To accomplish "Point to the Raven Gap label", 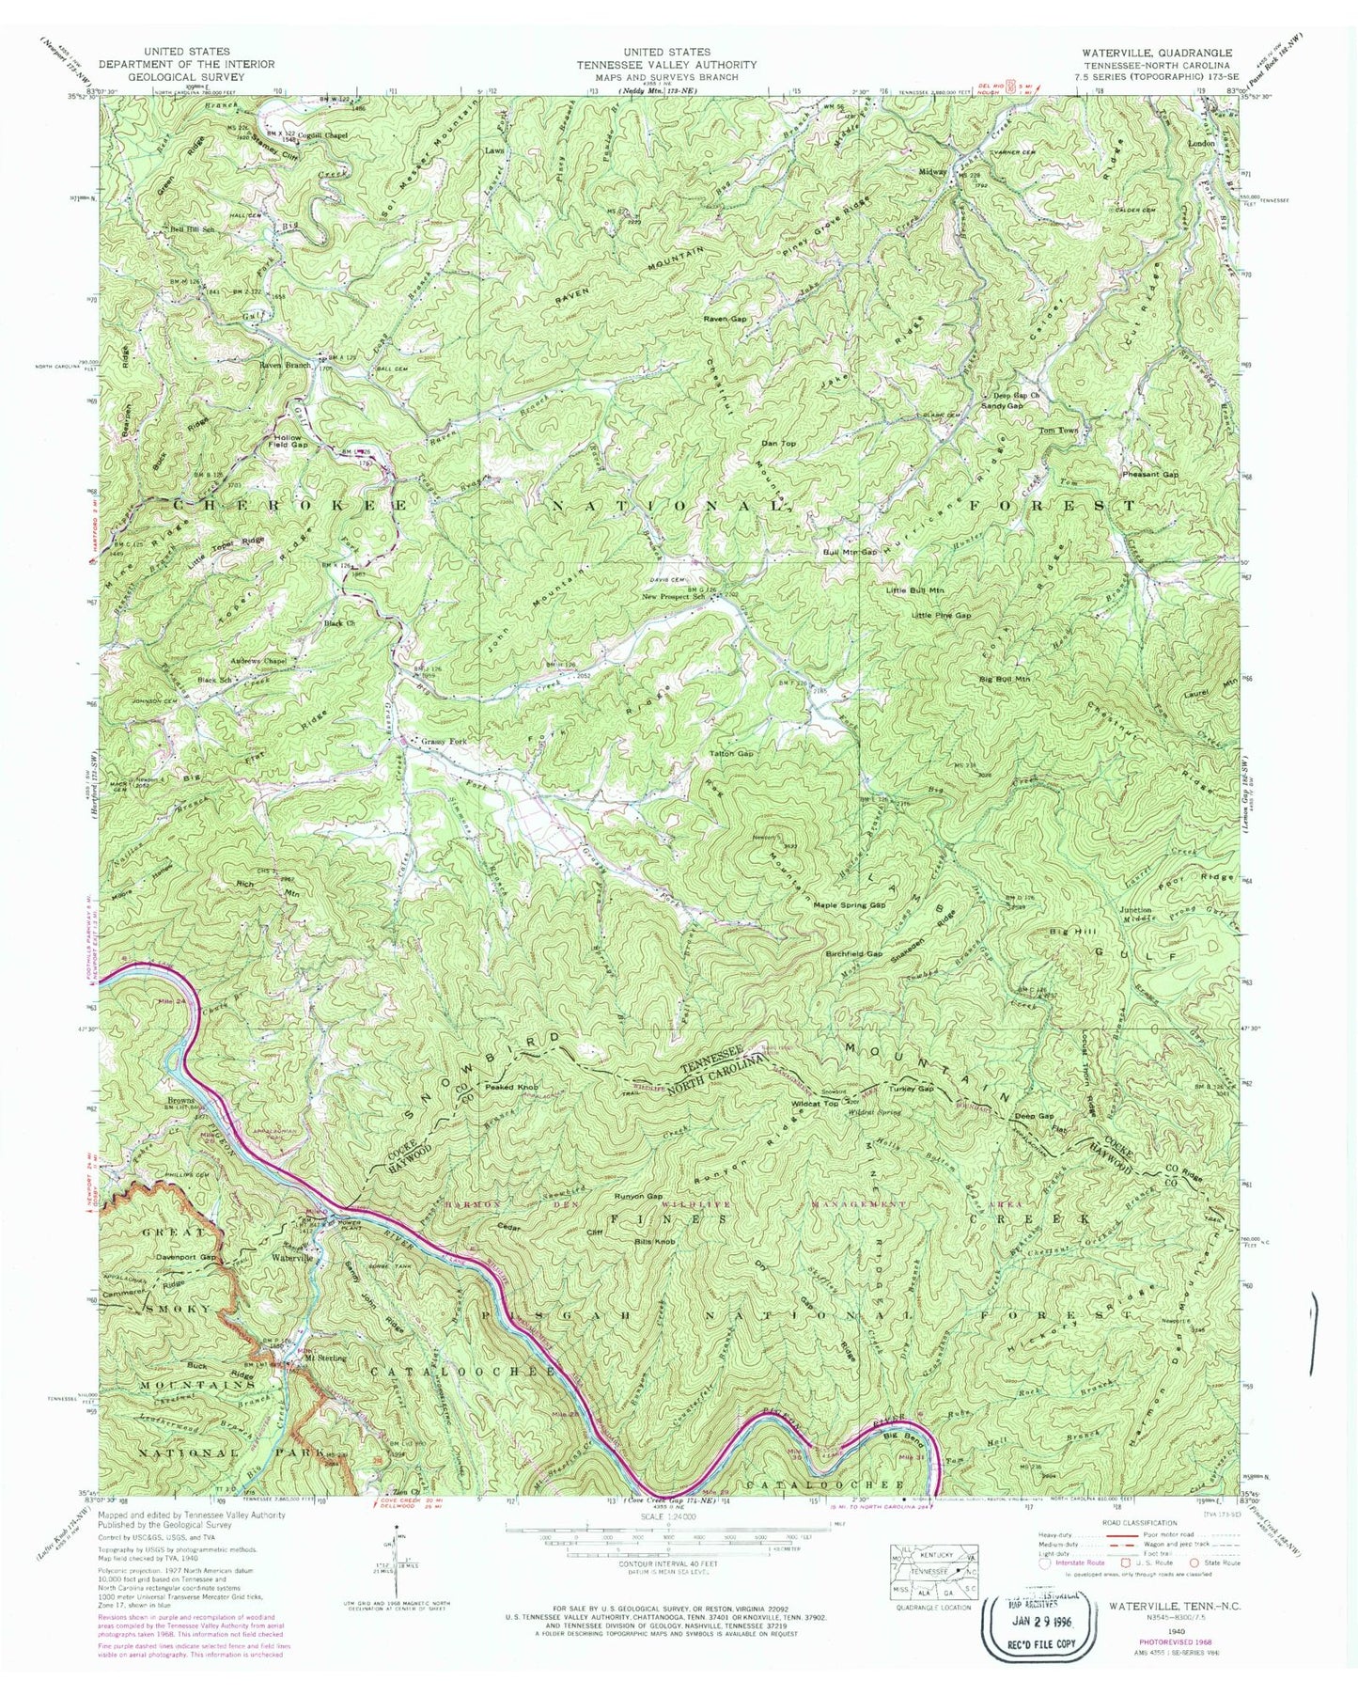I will pos(726,320).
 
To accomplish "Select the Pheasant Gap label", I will pos(1150,475).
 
